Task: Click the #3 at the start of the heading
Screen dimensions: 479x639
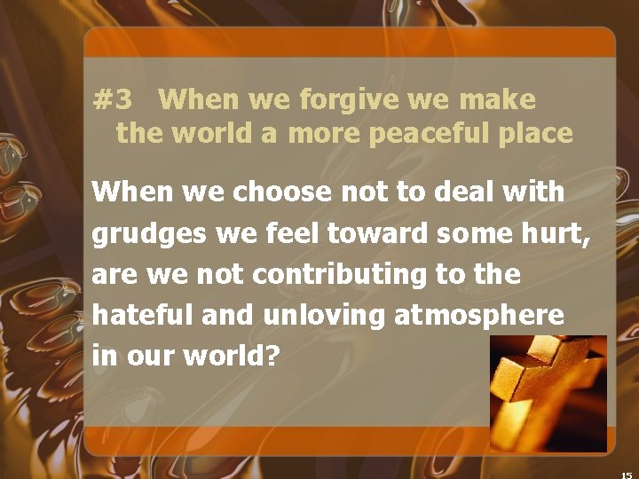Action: pos(112,99)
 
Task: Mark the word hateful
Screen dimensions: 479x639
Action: pos(141,316)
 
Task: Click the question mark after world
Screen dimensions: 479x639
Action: pos(273,357)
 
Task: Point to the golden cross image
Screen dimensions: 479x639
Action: pos(548,394)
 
